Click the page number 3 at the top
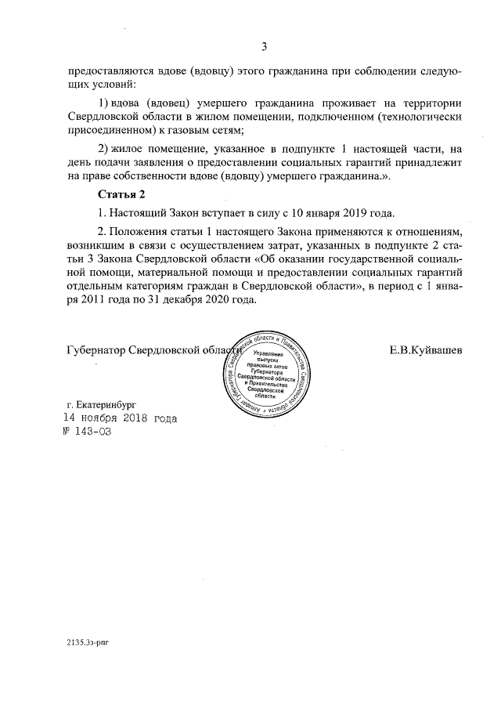click(265, 46)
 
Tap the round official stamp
click(264, 372)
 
